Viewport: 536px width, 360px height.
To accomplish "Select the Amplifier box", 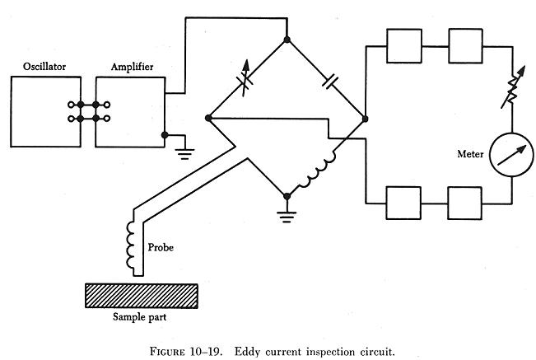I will tap(130, 112).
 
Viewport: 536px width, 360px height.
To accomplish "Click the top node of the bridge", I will tap(287, 39).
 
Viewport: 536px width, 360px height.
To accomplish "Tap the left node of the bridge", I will tap(207, 118).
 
